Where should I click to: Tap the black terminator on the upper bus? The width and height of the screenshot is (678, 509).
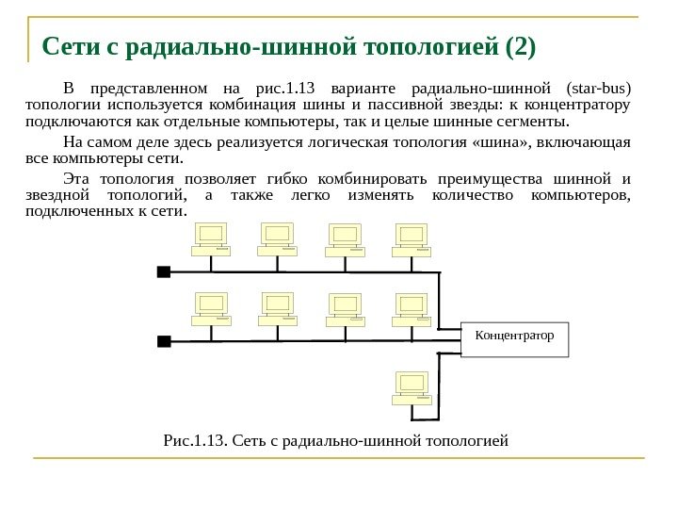[x=163, y=271]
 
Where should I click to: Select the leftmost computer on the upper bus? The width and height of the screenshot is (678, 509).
[x=211, y=239]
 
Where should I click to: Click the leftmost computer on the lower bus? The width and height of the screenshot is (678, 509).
[x=211, y=308]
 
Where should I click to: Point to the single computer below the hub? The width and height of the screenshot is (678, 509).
[x=412, y=387]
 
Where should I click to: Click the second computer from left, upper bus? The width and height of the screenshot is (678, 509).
[x=278, y=239]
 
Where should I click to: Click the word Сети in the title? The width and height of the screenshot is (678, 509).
[x=70, y=46]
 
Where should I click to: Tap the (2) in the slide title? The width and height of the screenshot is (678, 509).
[x=518, y=46]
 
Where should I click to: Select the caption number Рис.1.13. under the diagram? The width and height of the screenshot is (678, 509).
[x=195, y=439]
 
